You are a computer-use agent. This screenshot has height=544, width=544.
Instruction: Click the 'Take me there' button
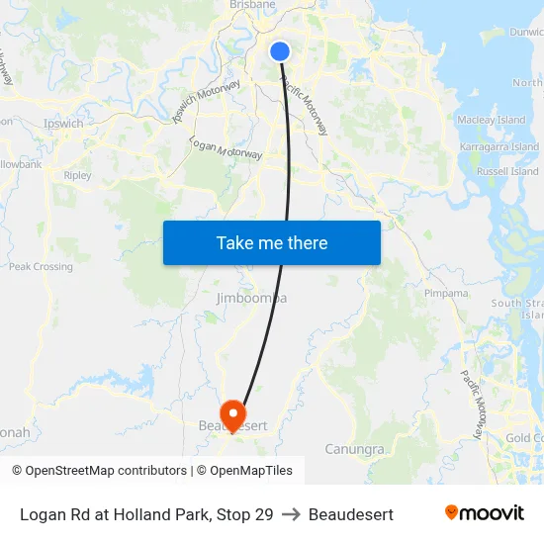(272, 242)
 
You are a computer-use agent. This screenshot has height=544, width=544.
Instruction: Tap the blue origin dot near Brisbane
(280, 51)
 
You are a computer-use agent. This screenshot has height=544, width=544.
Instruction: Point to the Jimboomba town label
(251, 298)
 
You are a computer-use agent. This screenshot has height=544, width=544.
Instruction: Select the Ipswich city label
(63, 124)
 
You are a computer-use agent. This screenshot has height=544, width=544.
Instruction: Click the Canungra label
(354, 450)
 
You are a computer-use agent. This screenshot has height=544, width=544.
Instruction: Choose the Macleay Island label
(491, 120)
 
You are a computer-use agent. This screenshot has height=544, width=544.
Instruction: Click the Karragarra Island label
(499, 146)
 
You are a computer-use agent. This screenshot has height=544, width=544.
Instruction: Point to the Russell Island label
(507, 171)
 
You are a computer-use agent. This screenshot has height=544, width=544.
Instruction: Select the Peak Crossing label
(41, 266)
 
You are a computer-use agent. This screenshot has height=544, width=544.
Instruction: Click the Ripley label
(77, 175)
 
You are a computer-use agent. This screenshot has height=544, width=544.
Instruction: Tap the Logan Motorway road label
(227, 148)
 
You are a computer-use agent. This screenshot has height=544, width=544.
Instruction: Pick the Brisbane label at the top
(252, 5)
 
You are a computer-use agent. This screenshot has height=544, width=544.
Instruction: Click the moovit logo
(484, 513)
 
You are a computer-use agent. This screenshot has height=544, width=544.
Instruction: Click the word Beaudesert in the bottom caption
(351, 514)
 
